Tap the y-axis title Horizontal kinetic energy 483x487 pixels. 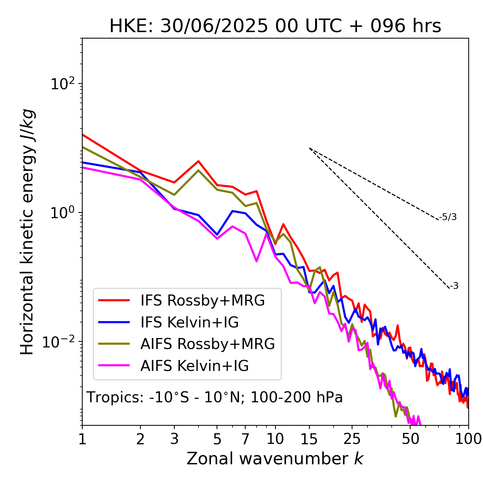(27, 232)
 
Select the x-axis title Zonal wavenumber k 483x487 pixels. (275, 459)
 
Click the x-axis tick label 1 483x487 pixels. (82, 439)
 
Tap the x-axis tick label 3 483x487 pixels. (174, 439)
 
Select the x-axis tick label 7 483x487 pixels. (245, 439)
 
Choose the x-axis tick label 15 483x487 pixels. (309, 439)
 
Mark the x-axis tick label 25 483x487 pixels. (352, 439)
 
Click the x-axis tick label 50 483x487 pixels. (411, 439)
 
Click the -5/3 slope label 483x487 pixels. (448, 217)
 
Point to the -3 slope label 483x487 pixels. (454, 286)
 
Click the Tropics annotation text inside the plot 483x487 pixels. (215, 398)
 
